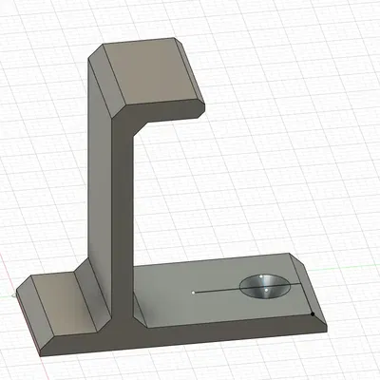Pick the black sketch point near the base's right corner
[313, 312]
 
